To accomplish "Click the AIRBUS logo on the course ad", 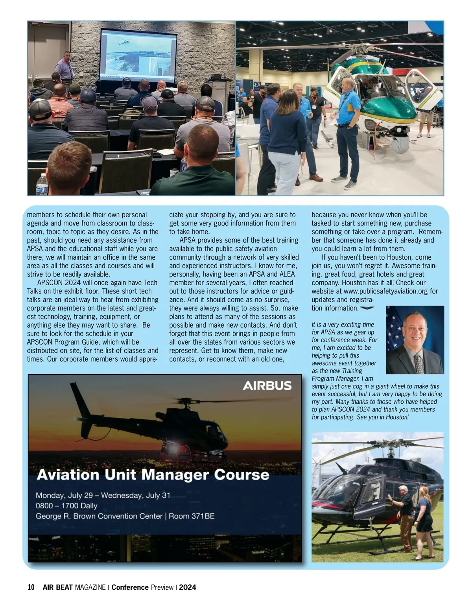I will point(267,386).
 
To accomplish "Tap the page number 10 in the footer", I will point(31,587).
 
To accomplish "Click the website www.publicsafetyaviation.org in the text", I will point(386,291).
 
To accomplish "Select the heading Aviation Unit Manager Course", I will point(153,474).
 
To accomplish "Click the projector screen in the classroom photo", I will point(138,54).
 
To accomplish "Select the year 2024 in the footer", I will point(188,587).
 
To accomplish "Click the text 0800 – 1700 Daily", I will point(66,506).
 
